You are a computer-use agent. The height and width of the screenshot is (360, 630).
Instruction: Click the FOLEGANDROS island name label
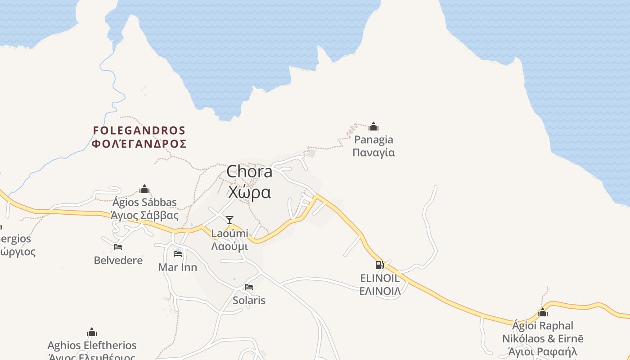point(139,130)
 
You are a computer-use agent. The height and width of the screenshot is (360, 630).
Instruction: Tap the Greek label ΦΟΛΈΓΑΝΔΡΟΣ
point(139,144)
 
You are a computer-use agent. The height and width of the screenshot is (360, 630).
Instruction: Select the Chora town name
point(249,171)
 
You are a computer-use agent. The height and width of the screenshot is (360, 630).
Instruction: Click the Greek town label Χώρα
point(249,192)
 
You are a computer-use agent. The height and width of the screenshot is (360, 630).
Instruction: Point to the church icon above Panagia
point(373,126)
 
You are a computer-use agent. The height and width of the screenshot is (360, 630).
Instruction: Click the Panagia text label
point(373,140)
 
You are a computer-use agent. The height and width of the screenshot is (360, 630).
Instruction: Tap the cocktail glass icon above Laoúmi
point(229,220)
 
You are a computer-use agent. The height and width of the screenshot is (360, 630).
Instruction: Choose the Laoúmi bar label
point(229,234)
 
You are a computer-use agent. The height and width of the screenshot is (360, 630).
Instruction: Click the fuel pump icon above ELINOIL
point(380,265)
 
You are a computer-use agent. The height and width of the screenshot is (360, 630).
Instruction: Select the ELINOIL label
point(380,278)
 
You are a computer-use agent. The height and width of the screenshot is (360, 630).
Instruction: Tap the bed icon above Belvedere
point(118,247)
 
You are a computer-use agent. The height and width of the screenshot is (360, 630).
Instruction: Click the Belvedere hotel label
point(118,261)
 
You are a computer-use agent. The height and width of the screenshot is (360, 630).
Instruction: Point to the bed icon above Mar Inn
point(178,254)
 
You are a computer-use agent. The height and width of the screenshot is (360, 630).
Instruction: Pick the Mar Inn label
point(178,267)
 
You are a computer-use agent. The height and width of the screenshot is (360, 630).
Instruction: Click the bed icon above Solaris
point(249,287)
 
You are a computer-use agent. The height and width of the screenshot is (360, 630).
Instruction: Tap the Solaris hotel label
point(249,300)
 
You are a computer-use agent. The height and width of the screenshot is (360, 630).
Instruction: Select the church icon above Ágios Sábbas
point(144,189)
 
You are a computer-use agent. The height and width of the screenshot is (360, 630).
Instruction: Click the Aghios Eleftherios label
point(92,346)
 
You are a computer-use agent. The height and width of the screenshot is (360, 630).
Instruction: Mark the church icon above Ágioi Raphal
point(543,312)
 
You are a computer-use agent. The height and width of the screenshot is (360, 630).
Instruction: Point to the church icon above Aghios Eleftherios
point(92,333)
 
